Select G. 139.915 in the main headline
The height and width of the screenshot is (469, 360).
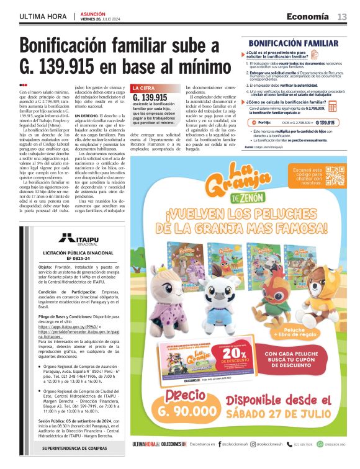pos(71,67)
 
